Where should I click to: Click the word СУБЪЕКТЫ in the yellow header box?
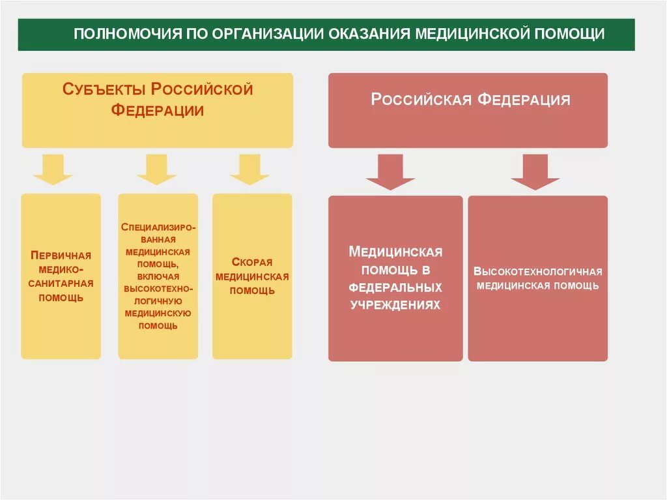(x=103, y=89)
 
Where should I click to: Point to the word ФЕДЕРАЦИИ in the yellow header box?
(x=158, y=110)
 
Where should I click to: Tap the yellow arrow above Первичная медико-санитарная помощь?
(x=53, y=169)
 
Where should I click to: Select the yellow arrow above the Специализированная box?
(x=157, y=169)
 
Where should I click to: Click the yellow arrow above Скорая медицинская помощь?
(x=249, y=169)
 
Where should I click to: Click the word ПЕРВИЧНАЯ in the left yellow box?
(x=61, y=255)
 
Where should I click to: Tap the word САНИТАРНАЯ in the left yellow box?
(x=61, y=284)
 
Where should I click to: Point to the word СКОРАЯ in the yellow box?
(x=252, y=262)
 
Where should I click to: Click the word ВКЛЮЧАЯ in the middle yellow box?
(x=158, y=276)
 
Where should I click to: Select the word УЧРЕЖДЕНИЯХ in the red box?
(x=395, y=305)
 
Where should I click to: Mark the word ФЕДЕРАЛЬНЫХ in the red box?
(x=395, y=287)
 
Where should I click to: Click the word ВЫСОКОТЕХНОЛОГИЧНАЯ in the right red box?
(x=538, y=272)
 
